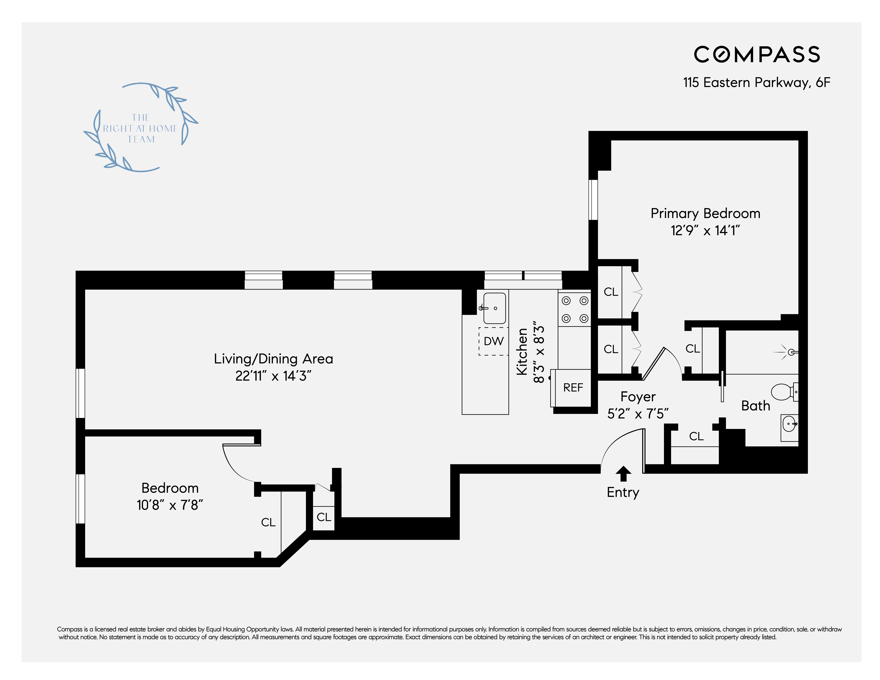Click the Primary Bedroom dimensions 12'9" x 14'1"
pos(705,230)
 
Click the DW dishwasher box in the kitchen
pos(494,341)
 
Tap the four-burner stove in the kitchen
pos(575,309)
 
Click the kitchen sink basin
pos(494,308)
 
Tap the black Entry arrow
pos(623,474)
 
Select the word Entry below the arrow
pos(623,493)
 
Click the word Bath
pos(756,406)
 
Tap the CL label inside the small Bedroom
pos(268,523)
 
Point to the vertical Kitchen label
pos(522,352)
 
